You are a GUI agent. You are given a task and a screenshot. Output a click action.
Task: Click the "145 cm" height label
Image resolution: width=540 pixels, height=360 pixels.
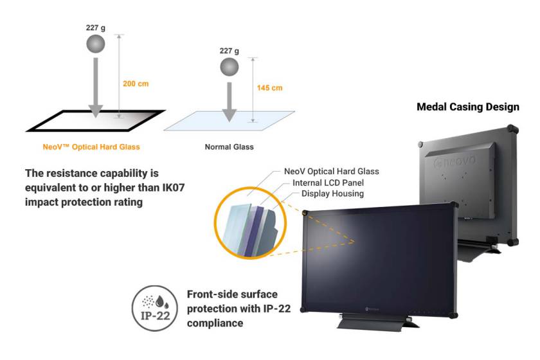tap(269, 88)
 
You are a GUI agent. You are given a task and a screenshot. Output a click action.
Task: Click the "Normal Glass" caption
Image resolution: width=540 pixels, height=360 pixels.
tap(229, 147)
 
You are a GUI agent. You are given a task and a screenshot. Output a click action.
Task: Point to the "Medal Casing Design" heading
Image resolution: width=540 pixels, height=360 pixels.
tap(468, 107)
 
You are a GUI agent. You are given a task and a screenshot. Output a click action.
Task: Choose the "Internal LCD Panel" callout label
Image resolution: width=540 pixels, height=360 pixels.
tap(325, 183)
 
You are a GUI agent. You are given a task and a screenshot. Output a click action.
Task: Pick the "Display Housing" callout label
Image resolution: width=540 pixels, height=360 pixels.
tap(332, 194)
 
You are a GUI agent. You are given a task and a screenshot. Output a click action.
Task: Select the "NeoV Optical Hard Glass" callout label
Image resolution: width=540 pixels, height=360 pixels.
tap(331, 172)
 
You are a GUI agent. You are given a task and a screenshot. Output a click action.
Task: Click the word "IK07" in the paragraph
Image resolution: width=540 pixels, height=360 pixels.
tap(157, 186)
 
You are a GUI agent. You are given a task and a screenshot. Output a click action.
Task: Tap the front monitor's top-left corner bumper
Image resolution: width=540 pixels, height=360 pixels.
tap(305, 213)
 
